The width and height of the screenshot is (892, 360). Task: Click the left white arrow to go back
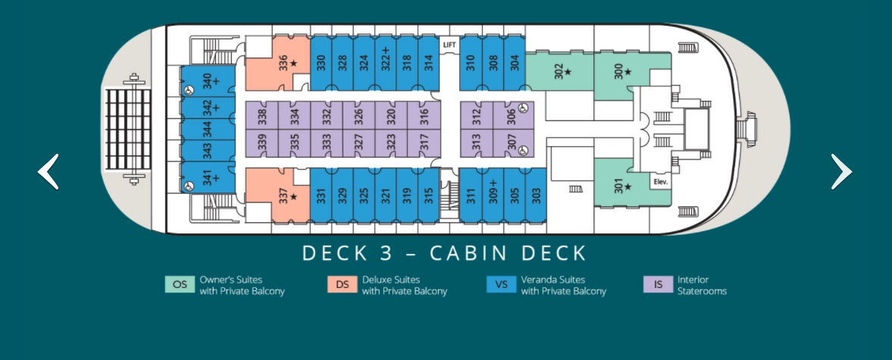click(49, 171)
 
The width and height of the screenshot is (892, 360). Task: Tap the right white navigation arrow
click(840, 171)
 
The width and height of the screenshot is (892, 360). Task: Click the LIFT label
click(450, 45)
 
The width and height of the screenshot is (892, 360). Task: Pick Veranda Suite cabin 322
click(386, 61)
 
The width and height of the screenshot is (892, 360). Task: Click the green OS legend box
click(180, 285)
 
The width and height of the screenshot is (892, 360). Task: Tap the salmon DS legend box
click(343, 285)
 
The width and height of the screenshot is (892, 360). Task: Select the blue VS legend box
click(501, 285)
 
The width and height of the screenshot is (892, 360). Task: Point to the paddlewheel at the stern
click(128, 129)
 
